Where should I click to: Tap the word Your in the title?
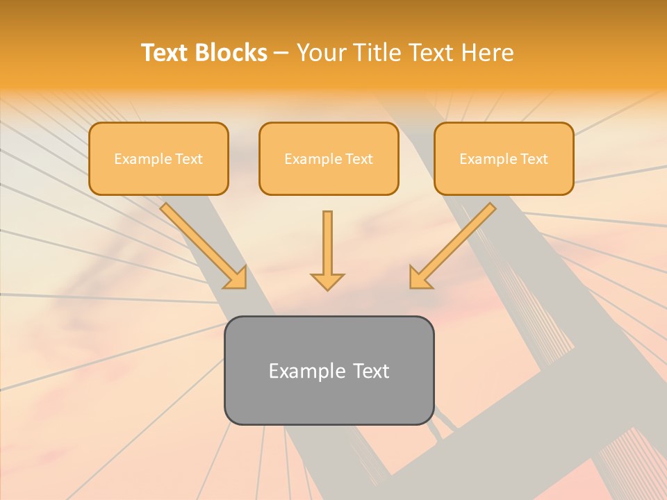[x=321, y=53]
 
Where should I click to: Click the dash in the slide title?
[x=281, y=53]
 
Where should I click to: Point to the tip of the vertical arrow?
[x=327, y=288]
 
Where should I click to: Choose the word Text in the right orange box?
[x=534, y=159]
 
